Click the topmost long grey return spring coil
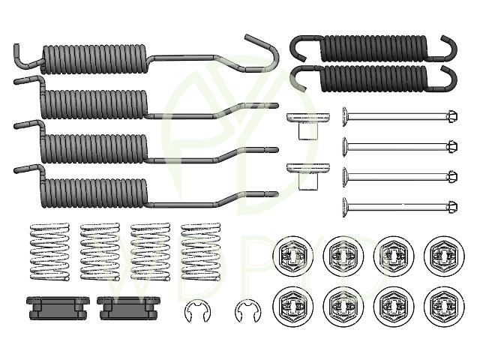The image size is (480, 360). [x=94, y=57]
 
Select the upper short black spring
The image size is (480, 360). [x=371, y=47]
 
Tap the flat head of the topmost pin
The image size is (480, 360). [x=346, y=116]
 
